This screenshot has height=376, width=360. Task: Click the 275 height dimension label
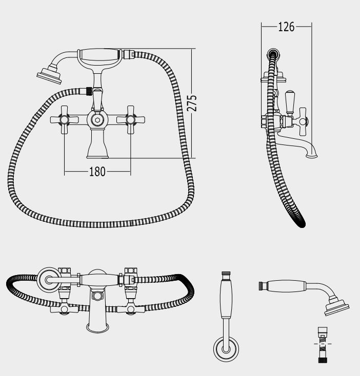tap(192, 103)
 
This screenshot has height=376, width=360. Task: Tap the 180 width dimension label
tap(97, 172)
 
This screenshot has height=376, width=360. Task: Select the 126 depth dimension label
tap(286, 27)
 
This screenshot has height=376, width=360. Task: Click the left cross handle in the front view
tap(64, 120)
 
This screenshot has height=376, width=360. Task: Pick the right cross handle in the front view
tap(131, 120)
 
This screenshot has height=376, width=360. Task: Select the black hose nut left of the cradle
tap(89, 91)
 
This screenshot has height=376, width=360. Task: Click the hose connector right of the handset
tap(129, 54)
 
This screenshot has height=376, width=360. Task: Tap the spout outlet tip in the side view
tap(311, 156)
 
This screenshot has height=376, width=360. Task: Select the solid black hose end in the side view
tap(301, 222)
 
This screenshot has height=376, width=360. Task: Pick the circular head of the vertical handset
tap(226, 349)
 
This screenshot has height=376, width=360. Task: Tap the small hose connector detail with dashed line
tap(323, 345)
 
